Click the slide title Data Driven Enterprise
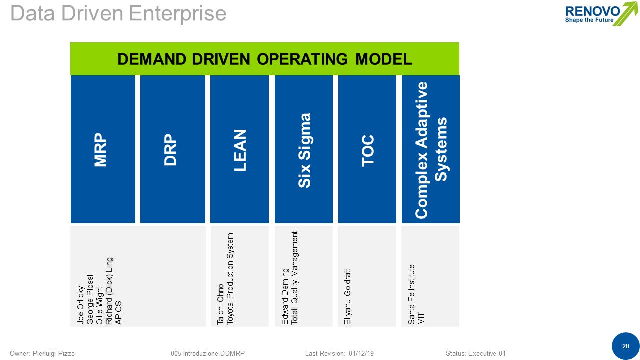pos(118,13)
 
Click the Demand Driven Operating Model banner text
pos(264,59)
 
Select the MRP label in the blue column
pos(101,149)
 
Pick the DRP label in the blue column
pos(171,149)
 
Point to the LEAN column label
pos(240,150)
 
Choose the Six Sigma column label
pos(304,150)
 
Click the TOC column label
pos(368,150)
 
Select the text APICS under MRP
pos(118,313)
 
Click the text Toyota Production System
pos(230,279)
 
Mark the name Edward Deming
pos(285,297)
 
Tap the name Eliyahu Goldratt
pos(348,297)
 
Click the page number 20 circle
pos(625,346)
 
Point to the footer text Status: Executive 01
pos(475,353)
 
